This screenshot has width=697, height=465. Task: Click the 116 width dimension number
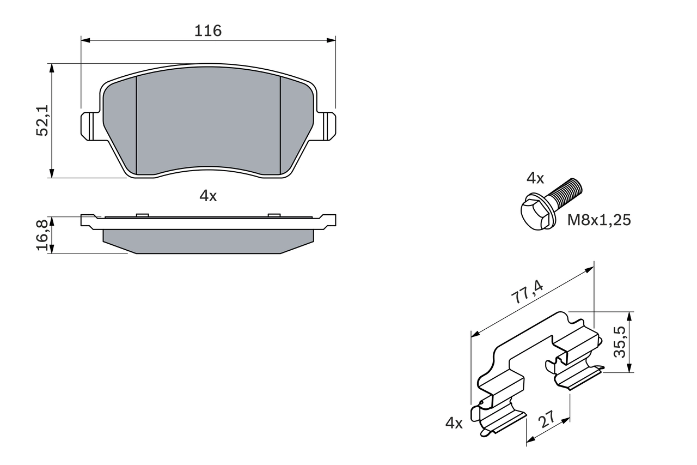coord(208,31)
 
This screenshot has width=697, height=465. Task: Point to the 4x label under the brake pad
coord(208,196)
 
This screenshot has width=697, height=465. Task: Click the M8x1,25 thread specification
coord(599,220)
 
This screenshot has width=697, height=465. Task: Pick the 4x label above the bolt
coord(535,178)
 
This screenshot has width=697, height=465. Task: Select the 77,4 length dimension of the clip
coord(527,291)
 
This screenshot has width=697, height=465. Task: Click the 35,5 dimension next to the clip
coord(620,342)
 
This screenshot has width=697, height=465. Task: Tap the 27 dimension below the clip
coord(546,420)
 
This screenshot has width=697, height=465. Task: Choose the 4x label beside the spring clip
coord(454,422)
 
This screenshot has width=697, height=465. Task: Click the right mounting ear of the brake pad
coord(327,125)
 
